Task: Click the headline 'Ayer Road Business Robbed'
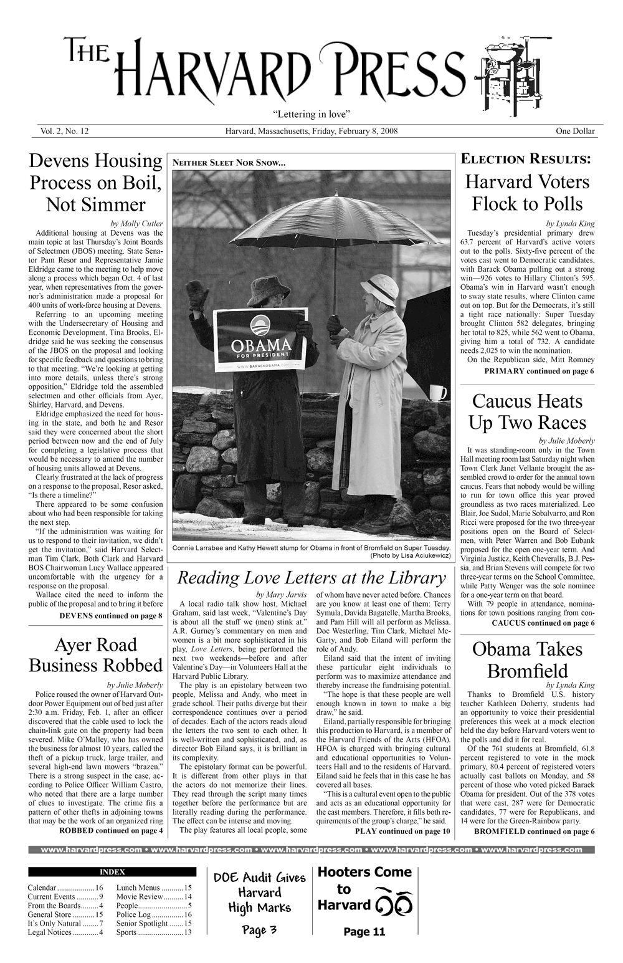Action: point(96,654)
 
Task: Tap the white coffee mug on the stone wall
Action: point(439,392)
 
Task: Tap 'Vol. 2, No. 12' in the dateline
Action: point(65,132)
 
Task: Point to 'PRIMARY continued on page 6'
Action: point(539,371)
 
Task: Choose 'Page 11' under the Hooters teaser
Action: point(364,932)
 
